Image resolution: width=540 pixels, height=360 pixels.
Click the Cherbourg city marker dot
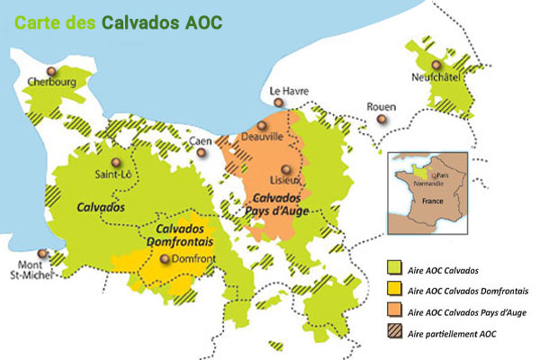coord(52,70)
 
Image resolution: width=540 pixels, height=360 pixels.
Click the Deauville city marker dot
coord(262,126)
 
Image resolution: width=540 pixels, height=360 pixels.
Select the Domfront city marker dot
coord(165,258)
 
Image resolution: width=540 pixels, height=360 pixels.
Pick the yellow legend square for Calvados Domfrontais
coord(393,291)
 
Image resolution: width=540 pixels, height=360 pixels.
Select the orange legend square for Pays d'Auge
coord(393,312)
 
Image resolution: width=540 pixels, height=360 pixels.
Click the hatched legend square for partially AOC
coord(393,334)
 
